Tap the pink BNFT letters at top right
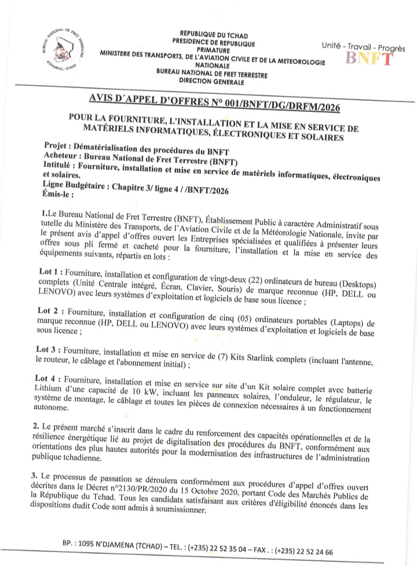click(369, 58)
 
